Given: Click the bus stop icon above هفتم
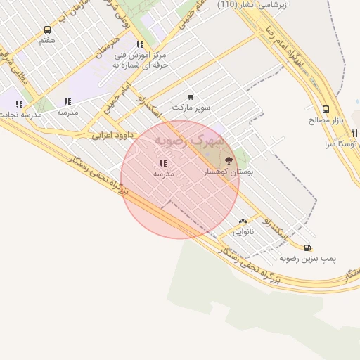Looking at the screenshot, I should [47, 30].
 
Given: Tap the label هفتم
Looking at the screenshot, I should [47, 41].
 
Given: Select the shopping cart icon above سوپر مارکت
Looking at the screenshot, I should [191, 97].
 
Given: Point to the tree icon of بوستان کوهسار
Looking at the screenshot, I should [227, 161].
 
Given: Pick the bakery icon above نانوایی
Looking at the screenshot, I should [243, 221].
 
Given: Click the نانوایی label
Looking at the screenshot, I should [243, 231].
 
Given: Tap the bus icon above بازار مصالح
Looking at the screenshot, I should [326, 109].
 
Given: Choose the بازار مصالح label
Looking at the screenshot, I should [325, 120].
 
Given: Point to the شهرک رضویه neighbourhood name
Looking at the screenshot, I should [190, 140].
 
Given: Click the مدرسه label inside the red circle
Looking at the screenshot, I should [163, 174].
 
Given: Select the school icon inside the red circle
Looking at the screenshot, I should [163, 163].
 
